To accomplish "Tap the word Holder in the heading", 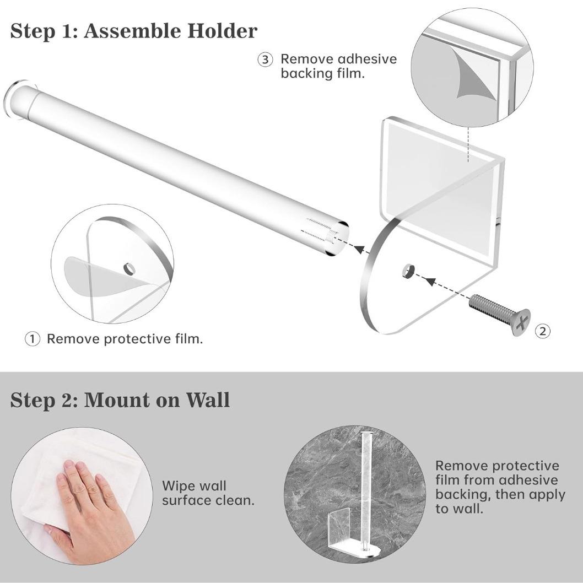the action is tap(222, 31).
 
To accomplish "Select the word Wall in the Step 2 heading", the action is tap(208, 400).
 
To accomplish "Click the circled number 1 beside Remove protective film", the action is tap(33, 339).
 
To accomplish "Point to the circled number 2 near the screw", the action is tap(542, 331).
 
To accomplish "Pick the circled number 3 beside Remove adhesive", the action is tap(266, 60).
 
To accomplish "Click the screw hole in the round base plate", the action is tap(408, 271).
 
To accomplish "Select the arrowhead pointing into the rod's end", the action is tap(359, 249).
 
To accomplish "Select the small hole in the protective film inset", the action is tap(128, 269).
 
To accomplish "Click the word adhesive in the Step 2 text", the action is tap(528, 480).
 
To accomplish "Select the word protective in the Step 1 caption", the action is tap(136, 339).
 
